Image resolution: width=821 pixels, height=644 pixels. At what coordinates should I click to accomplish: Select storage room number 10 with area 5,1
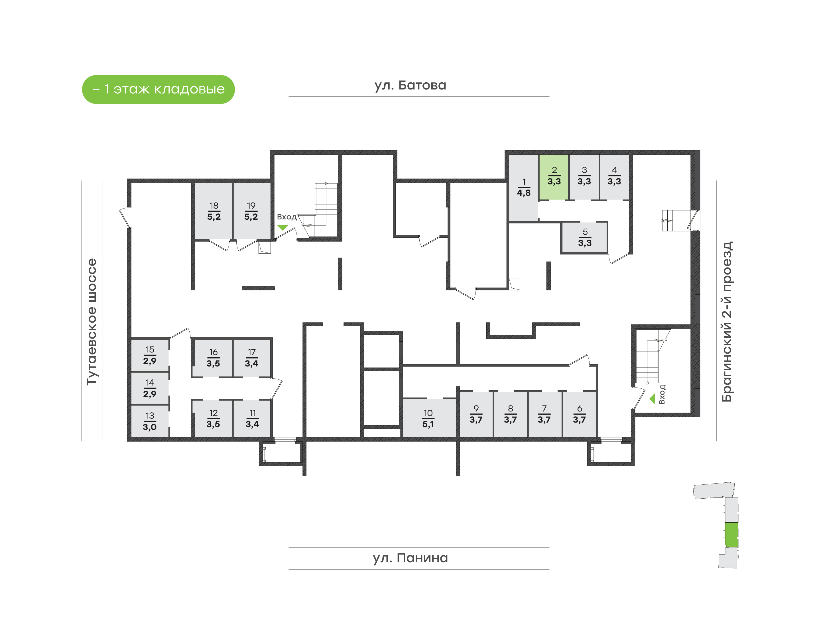(428, 419)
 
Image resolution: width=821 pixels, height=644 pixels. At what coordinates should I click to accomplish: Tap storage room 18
(214, 211)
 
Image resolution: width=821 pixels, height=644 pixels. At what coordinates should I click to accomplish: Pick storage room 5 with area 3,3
(585, 238)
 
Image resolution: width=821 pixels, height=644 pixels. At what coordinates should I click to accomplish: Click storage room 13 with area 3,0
(150, 421)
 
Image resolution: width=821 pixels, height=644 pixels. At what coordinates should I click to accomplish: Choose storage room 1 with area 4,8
(523, 188)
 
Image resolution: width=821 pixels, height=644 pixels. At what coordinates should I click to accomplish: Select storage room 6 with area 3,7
(579, 414)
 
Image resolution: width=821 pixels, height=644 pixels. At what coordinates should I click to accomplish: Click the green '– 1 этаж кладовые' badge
(158, 89)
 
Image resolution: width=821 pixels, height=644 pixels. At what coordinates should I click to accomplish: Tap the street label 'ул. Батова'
(410, 85)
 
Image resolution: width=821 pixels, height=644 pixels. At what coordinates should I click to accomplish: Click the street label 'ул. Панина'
(410, 558)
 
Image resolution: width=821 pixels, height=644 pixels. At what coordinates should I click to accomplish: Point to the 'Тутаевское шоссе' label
(92, 322)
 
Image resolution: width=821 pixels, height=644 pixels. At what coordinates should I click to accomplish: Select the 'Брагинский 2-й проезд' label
(727, 322)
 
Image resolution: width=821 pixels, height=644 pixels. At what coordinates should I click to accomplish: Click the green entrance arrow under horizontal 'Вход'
(283, 227)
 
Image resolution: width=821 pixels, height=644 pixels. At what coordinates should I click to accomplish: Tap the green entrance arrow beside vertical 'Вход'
(652, 399)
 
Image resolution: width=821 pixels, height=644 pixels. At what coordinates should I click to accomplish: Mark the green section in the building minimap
(731, 534)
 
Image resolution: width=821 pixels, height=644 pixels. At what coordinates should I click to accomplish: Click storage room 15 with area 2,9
(150, 355)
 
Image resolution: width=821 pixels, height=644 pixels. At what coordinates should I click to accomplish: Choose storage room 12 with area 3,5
(213, 419)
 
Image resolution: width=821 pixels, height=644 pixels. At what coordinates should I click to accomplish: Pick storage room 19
(251, 211)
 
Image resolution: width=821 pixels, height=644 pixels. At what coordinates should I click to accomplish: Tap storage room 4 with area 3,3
(614, 176)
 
